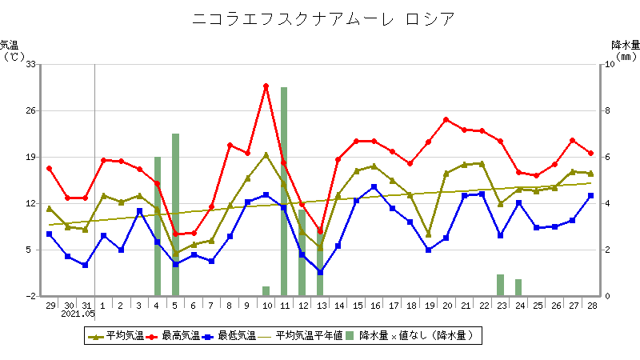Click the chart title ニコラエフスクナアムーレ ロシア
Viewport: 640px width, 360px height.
pos(320,18)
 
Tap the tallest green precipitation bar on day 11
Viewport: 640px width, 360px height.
pos(284,192)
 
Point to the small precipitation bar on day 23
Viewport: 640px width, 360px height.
pos(501,286)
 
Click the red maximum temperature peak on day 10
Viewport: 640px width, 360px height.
pos(266,86)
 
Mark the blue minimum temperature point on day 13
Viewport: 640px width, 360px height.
pos(320,272)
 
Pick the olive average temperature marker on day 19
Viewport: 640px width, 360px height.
pos(428,234)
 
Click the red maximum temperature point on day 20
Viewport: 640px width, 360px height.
pos(446,120)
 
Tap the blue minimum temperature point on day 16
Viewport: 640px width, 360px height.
pos(374,187)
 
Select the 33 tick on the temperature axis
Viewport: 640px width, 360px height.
pos(32,64)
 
